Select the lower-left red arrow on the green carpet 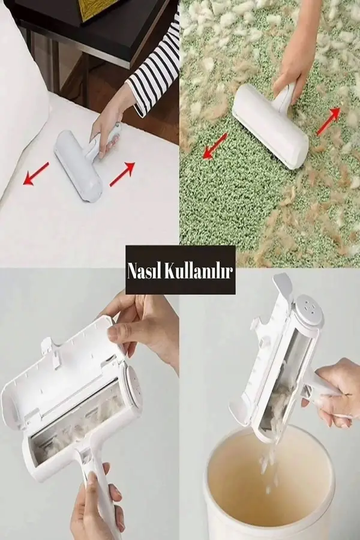point(214,146)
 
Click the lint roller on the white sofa point(79,164)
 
